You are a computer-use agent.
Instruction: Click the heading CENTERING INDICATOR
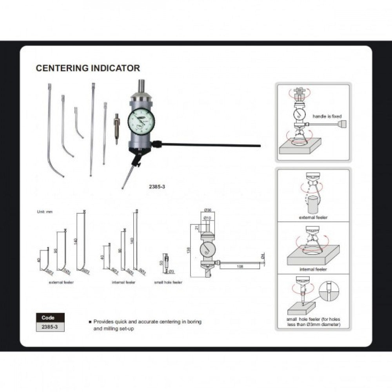click(88, 68)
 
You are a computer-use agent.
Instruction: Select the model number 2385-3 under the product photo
click(157, 187)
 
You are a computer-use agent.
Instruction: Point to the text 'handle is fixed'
click(327, 116)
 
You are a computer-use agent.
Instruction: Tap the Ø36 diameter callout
click(208, 211)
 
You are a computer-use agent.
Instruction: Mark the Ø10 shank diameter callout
click(208, 218)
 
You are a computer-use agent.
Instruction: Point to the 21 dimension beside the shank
click(196, 228)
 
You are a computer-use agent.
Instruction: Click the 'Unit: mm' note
click(44, 212)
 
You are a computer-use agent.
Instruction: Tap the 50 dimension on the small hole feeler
click(161, 262)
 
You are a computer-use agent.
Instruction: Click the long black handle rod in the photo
click(212, 145)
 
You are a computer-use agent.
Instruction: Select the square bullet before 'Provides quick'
click(90, 322)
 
